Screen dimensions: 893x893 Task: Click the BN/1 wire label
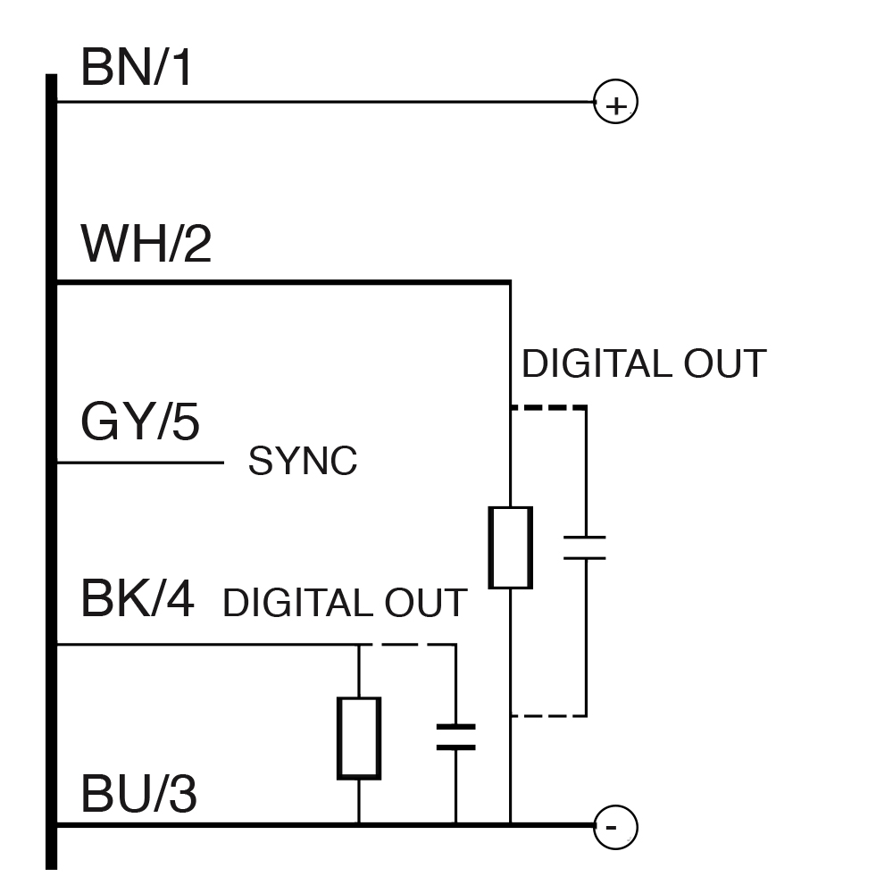point(137,68)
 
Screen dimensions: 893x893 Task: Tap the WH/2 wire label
point(146,244)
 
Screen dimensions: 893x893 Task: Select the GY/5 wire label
point(140,422)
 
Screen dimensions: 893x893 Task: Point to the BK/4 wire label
point(138,598)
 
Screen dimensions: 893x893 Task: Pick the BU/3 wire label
point(138,794)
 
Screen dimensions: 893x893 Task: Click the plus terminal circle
point(615,103)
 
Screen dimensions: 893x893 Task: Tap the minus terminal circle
point(615,826)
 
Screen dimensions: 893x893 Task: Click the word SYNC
point(303,462)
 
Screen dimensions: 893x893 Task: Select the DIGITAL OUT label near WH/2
point(643,364)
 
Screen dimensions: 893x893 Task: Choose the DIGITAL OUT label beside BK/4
point(345,603)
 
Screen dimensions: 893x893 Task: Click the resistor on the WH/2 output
point(510,547)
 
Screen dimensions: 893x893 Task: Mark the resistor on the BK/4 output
point(358,738)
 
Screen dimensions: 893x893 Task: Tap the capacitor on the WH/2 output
point(585,547)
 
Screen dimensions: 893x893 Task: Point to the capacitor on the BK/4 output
point(455,738)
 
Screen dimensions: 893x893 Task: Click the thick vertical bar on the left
point(52,473)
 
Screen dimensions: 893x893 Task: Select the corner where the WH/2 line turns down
point(510,283)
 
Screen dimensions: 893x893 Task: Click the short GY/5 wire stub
point(139,463)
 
